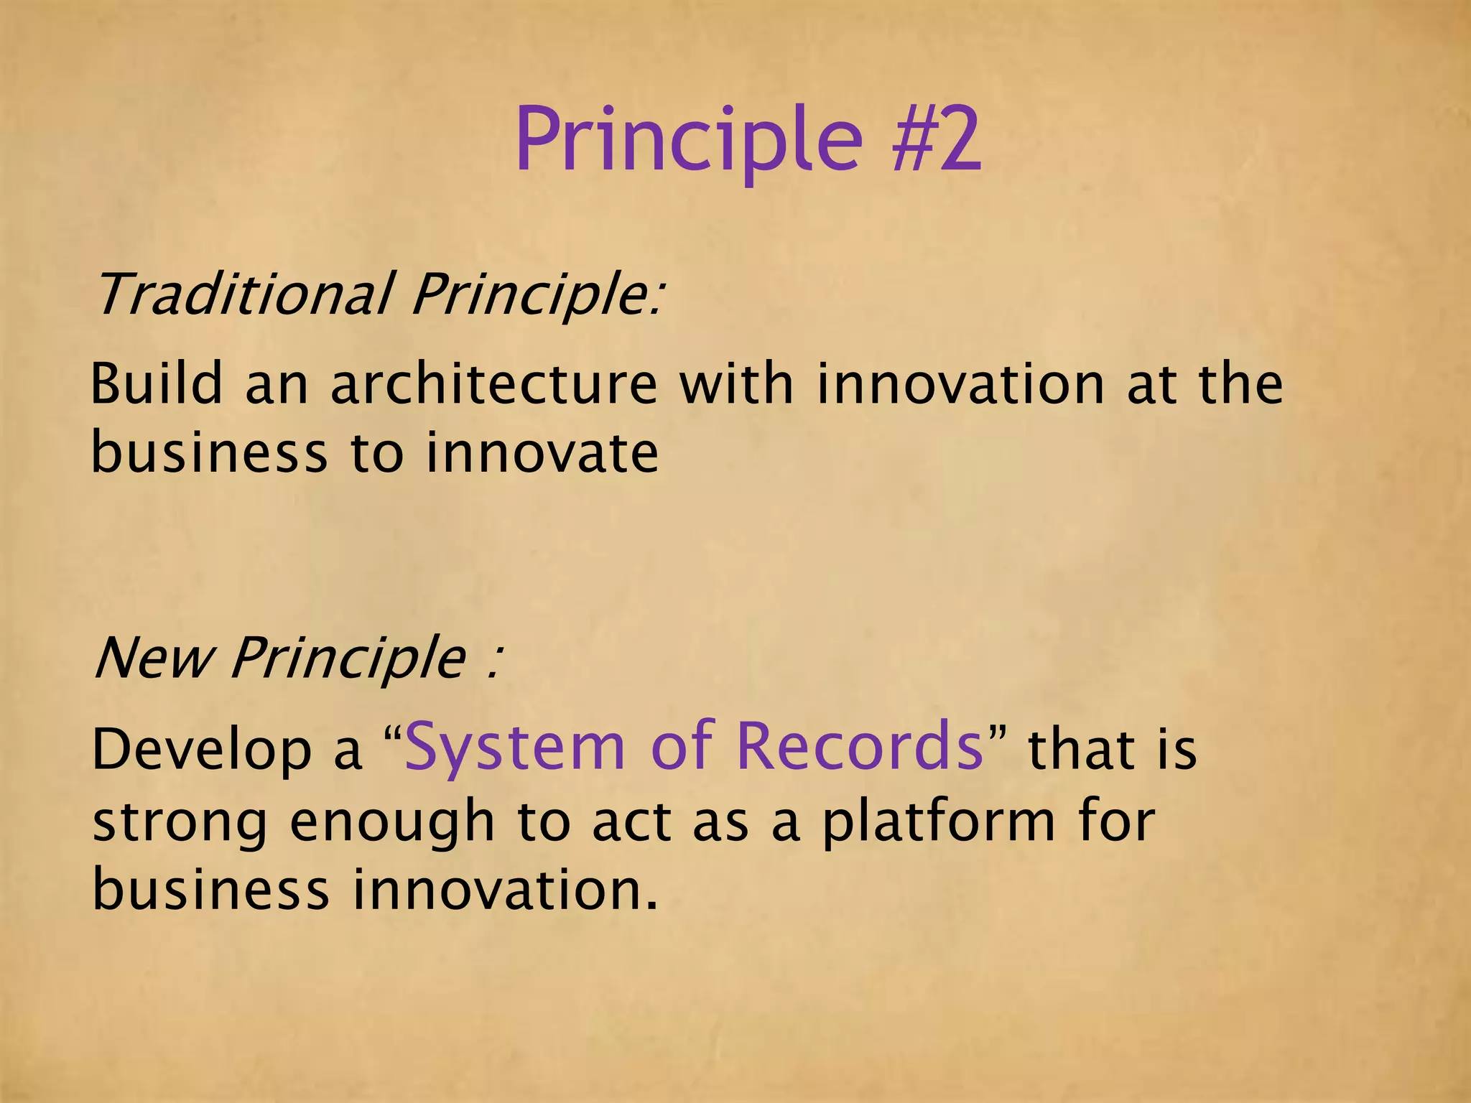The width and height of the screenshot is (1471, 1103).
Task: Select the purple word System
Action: click(516, 747)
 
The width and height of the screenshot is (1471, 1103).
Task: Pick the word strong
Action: click(180, 823)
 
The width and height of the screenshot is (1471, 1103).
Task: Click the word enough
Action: click(392, 823)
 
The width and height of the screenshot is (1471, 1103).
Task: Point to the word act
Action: click(631, 823)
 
